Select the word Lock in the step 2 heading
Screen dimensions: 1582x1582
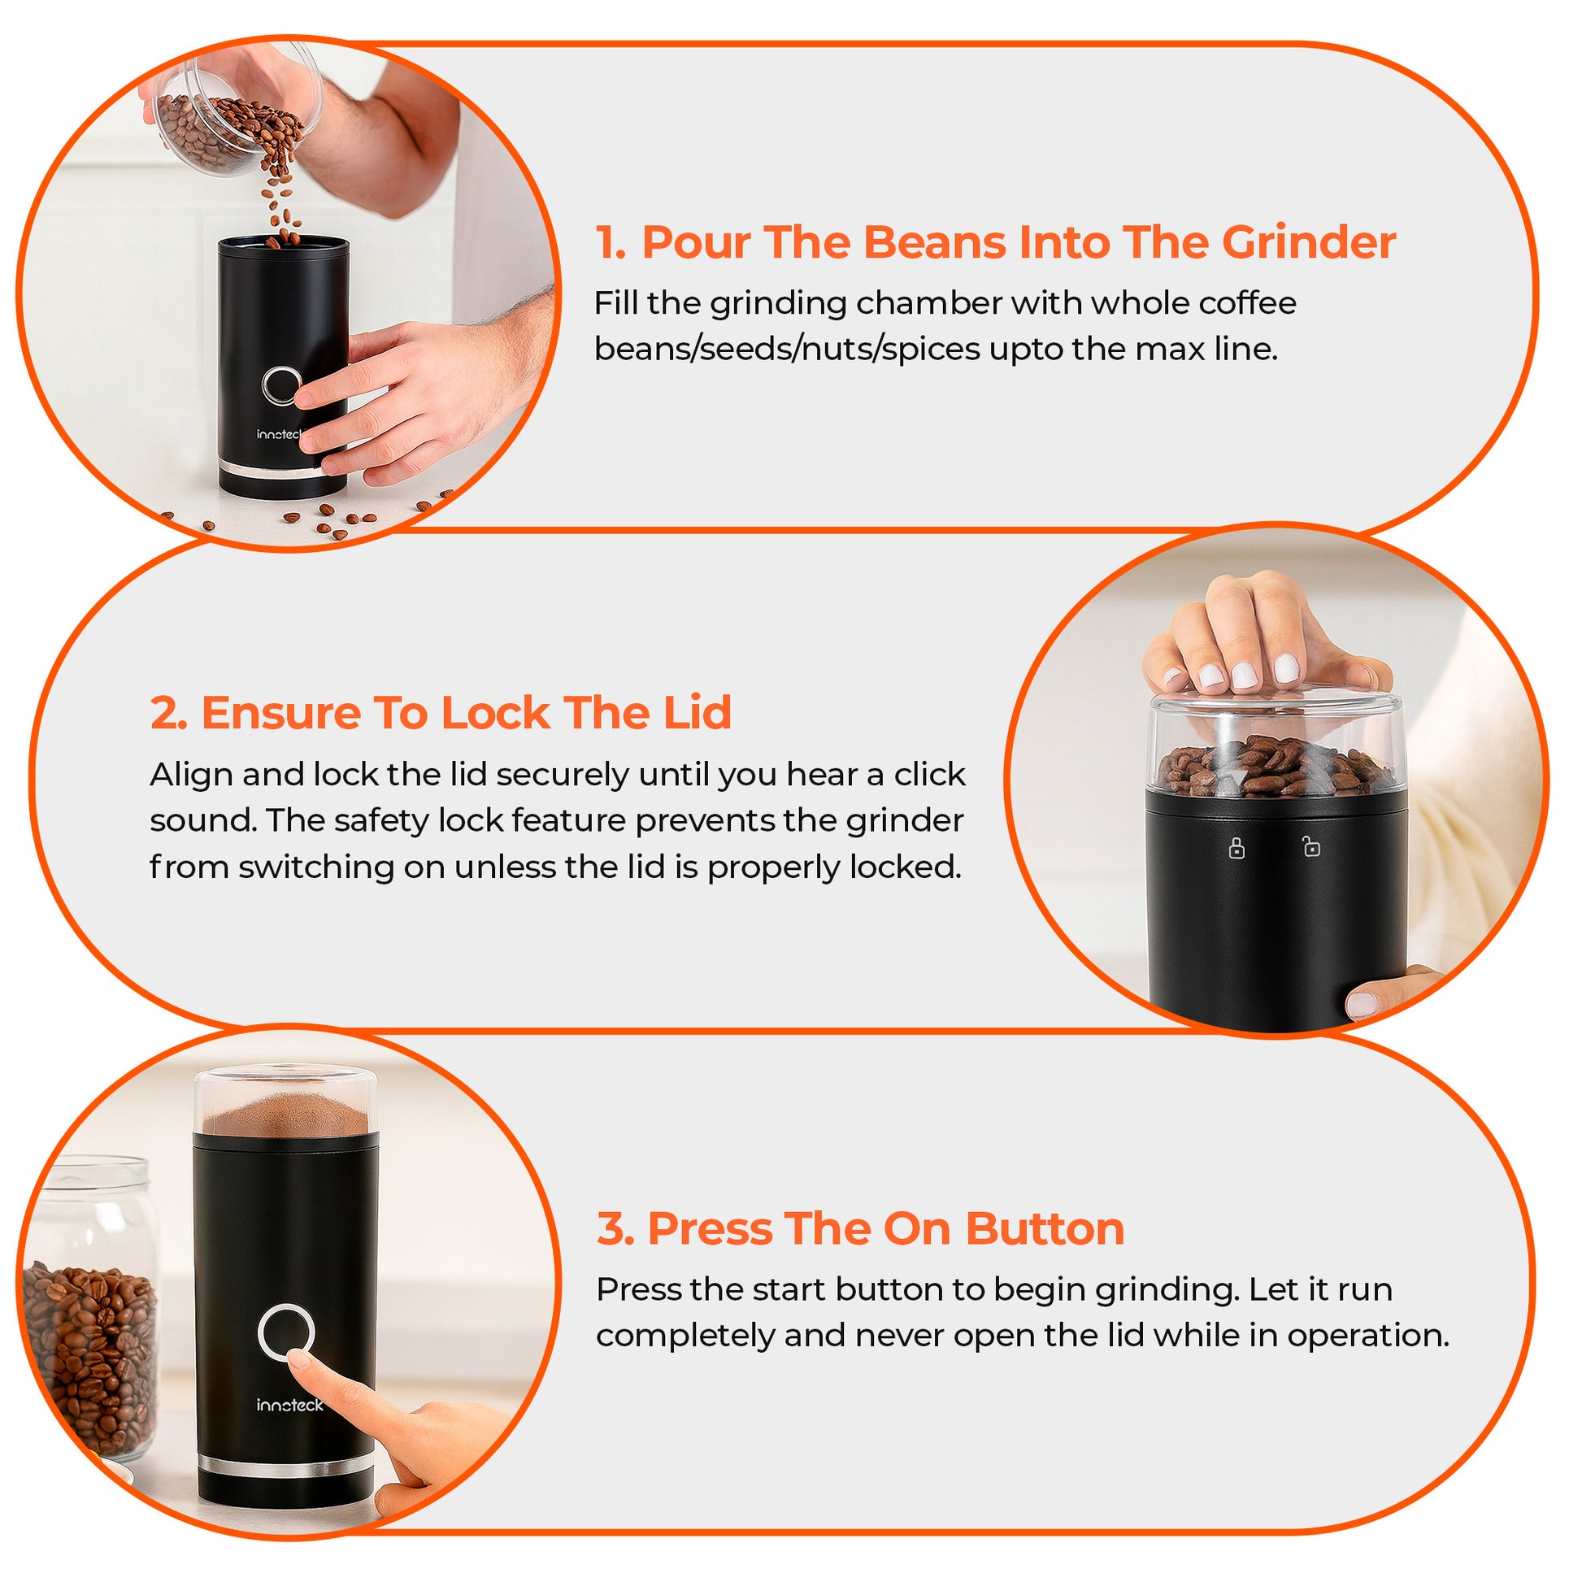click(494, 712)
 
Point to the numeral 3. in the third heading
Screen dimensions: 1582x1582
click(615, 1228)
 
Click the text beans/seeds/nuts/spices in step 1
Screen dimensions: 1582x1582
click(787, 350)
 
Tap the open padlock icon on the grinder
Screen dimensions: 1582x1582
click(1311, 845)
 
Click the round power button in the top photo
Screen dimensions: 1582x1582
click(280, 385)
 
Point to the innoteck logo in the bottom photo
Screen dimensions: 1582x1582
click(290, 1405)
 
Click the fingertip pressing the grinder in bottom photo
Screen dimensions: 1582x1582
click(302, 1360)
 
